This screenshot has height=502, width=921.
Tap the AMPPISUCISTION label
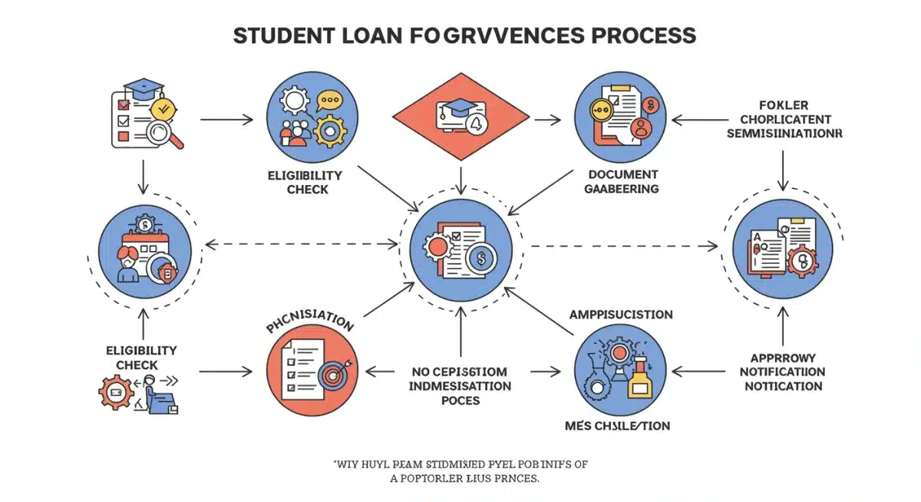coord(621,315)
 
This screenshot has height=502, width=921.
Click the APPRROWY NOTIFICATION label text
coord(783,372)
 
